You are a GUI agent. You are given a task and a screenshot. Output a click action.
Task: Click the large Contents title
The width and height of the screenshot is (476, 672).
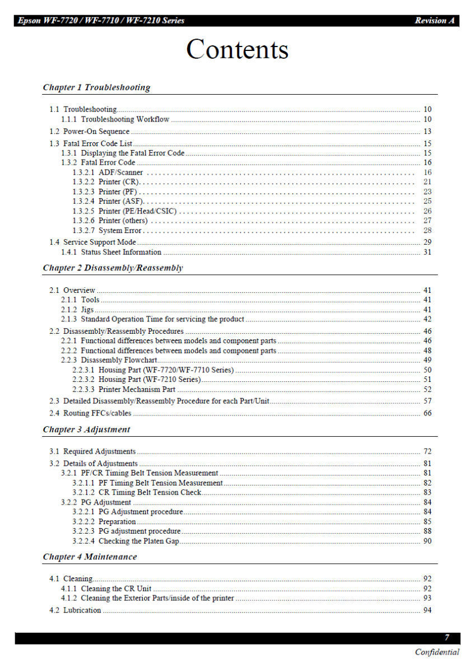[237, 49]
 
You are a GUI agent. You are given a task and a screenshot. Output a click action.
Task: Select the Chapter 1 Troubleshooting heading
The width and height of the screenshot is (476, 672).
[96, 87]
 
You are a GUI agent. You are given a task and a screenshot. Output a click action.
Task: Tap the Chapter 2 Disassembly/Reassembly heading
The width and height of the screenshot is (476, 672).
[113, 268]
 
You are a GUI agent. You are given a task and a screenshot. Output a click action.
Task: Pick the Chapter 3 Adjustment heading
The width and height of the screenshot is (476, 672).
[86, 430]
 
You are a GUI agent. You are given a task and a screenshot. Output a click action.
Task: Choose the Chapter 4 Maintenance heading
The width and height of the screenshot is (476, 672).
[90, 557]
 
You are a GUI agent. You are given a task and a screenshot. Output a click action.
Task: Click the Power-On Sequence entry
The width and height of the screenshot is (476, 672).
[96, 132]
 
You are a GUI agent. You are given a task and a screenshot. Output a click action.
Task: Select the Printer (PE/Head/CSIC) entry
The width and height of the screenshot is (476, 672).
[137, 211]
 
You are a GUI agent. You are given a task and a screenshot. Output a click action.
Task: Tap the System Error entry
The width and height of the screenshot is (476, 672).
[120, 231]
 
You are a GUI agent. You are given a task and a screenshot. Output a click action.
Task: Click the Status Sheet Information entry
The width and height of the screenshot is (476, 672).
[121, 252]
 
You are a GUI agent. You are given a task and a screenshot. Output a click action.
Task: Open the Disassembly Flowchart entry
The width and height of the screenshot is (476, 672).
[119, 360]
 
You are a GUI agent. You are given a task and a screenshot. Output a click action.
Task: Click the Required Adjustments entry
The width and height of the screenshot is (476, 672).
[99, 451]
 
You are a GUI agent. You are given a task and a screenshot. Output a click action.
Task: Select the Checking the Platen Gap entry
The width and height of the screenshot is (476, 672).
[138, 541]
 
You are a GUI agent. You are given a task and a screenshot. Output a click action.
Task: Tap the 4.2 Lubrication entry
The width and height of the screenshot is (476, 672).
[82, 610]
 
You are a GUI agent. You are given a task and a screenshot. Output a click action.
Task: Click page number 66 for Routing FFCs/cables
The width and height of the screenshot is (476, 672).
[427, 413]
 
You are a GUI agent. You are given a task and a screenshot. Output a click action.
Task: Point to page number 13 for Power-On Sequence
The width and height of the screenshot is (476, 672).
[427, 132]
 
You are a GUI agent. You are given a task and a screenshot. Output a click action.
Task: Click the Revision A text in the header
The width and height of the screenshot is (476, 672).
[435, 21]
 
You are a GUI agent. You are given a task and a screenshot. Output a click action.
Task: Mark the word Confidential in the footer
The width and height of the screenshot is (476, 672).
[437, 652]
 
